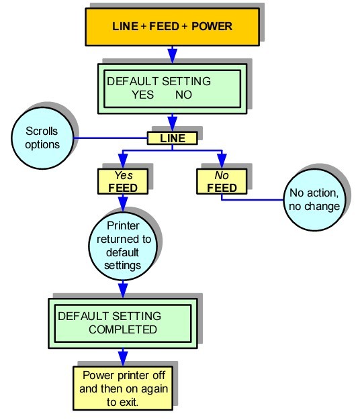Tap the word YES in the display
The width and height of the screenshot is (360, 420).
click(143, 95)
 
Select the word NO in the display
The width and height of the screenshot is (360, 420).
click(183, 95)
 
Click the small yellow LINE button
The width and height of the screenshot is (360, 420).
click(173, 138)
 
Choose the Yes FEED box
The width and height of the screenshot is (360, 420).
click(122, 181)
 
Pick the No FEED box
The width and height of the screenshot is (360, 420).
click(222, 181)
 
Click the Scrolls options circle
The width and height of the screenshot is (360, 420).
click(43, 138)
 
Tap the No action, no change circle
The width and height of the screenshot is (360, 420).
click(314, 199)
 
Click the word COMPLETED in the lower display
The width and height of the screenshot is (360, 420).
click(123, 329)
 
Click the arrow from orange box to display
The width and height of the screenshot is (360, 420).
click(173, 53)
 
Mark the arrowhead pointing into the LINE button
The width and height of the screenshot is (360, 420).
click(173, 125)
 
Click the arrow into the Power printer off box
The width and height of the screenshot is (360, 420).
click(123, 357)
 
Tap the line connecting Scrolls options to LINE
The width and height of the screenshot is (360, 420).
click(111, 138)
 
